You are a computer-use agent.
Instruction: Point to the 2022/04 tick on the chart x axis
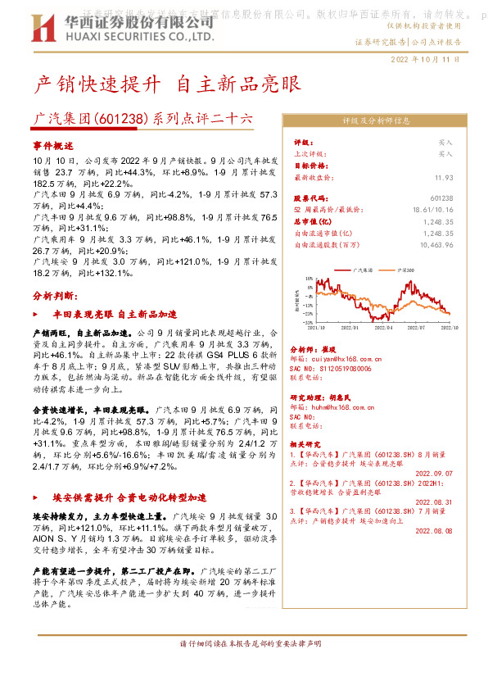pos(385,327)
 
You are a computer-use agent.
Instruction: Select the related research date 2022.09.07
pos(434,473)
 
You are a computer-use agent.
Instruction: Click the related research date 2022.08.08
pos(434,530)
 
